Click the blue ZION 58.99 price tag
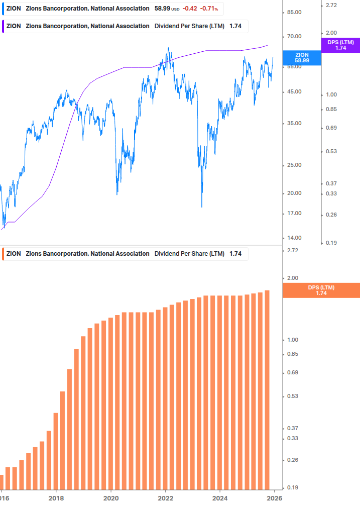pos(302,57)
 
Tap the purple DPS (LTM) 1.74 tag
pos(340,45)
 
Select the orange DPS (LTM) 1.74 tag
pos(321,290)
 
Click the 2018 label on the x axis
pos(56,498)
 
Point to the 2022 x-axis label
pos(166,498)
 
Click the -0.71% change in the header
pos(209,9)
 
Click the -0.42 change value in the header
pos(190,9)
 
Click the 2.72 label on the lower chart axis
pos(291,250)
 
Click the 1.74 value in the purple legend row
pos(235,26)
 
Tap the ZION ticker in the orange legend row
pos(14,254)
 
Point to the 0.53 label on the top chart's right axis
pos(331,151)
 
